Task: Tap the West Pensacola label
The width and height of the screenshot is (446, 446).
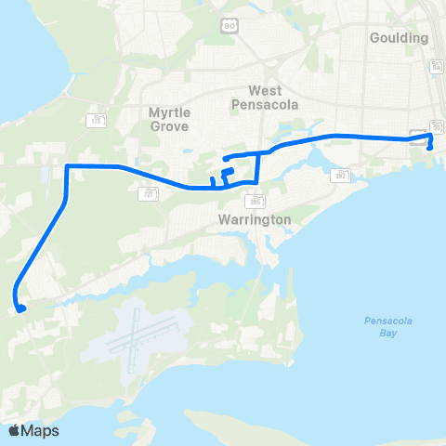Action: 272,98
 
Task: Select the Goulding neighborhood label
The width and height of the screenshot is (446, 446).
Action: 399,38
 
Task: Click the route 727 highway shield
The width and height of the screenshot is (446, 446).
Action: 149,193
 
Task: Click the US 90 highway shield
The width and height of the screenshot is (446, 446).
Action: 229,27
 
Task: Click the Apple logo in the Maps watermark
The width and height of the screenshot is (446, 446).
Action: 14,430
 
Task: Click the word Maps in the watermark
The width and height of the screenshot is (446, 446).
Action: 41,430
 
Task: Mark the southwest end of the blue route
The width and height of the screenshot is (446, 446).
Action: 20,308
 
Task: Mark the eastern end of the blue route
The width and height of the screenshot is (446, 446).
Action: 429,147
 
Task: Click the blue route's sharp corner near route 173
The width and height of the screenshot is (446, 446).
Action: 67,166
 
